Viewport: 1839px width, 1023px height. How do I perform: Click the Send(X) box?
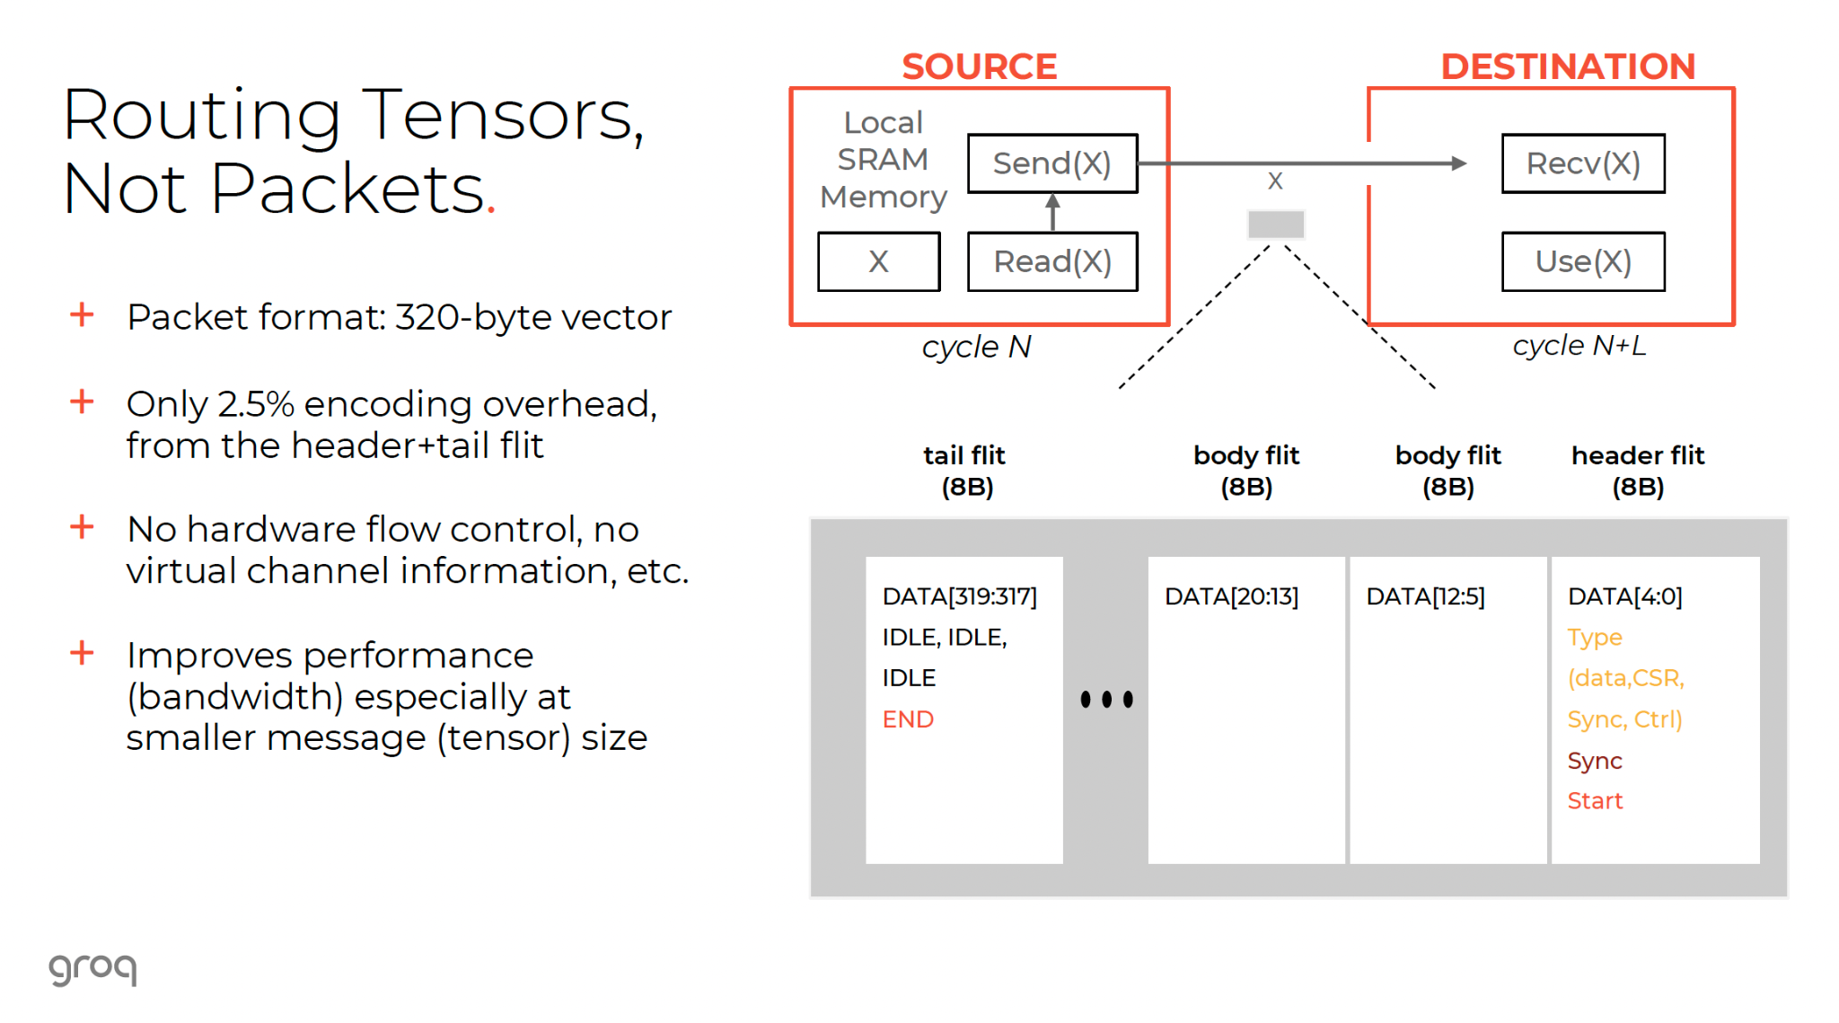pos(1051,163)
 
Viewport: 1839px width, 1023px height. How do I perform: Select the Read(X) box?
pos(1051,261)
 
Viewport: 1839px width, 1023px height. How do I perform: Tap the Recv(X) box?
pos(1582,163)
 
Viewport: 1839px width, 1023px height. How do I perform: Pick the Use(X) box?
pos(1582,261)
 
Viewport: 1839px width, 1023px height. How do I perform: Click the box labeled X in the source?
pos(878,261)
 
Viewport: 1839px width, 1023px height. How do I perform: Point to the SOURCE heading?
pos(979,66)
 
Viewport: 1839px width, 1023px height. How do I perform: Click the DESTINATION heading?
pos(1567,66)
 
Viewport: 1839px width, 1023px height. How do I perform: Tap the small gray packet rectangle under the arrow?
pos(1275,224)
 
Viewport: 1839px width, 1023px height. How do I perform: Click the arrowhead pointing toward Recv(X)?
pos(1459,163)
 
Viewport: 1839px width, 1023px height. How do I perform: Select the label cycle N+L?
pos(1579,346)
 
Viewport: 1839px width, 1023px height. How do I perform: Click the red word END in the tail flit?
pos(908,719)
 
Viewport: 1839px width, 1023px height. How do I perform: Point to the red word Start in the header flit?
pos(1595,801)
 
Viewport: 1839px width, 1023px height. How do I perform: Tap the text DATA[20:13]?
pos(1231,596)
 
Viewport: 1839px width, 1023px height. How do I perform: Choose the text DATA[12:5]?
pos(1425,596)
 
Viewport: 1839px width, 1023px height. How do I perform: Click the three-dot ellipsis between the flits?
pos(1106,699)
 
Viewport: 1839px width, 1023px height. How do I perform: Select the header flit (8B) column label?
pos(1637,471)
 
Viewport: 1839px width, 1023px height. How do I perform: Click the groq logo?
pos(92,968)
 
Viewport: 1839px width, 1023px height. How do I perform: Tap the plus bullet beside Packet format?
pos(82,315)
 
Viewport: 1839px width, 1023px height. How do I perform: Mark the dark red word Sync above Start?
pos(1594,761)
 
